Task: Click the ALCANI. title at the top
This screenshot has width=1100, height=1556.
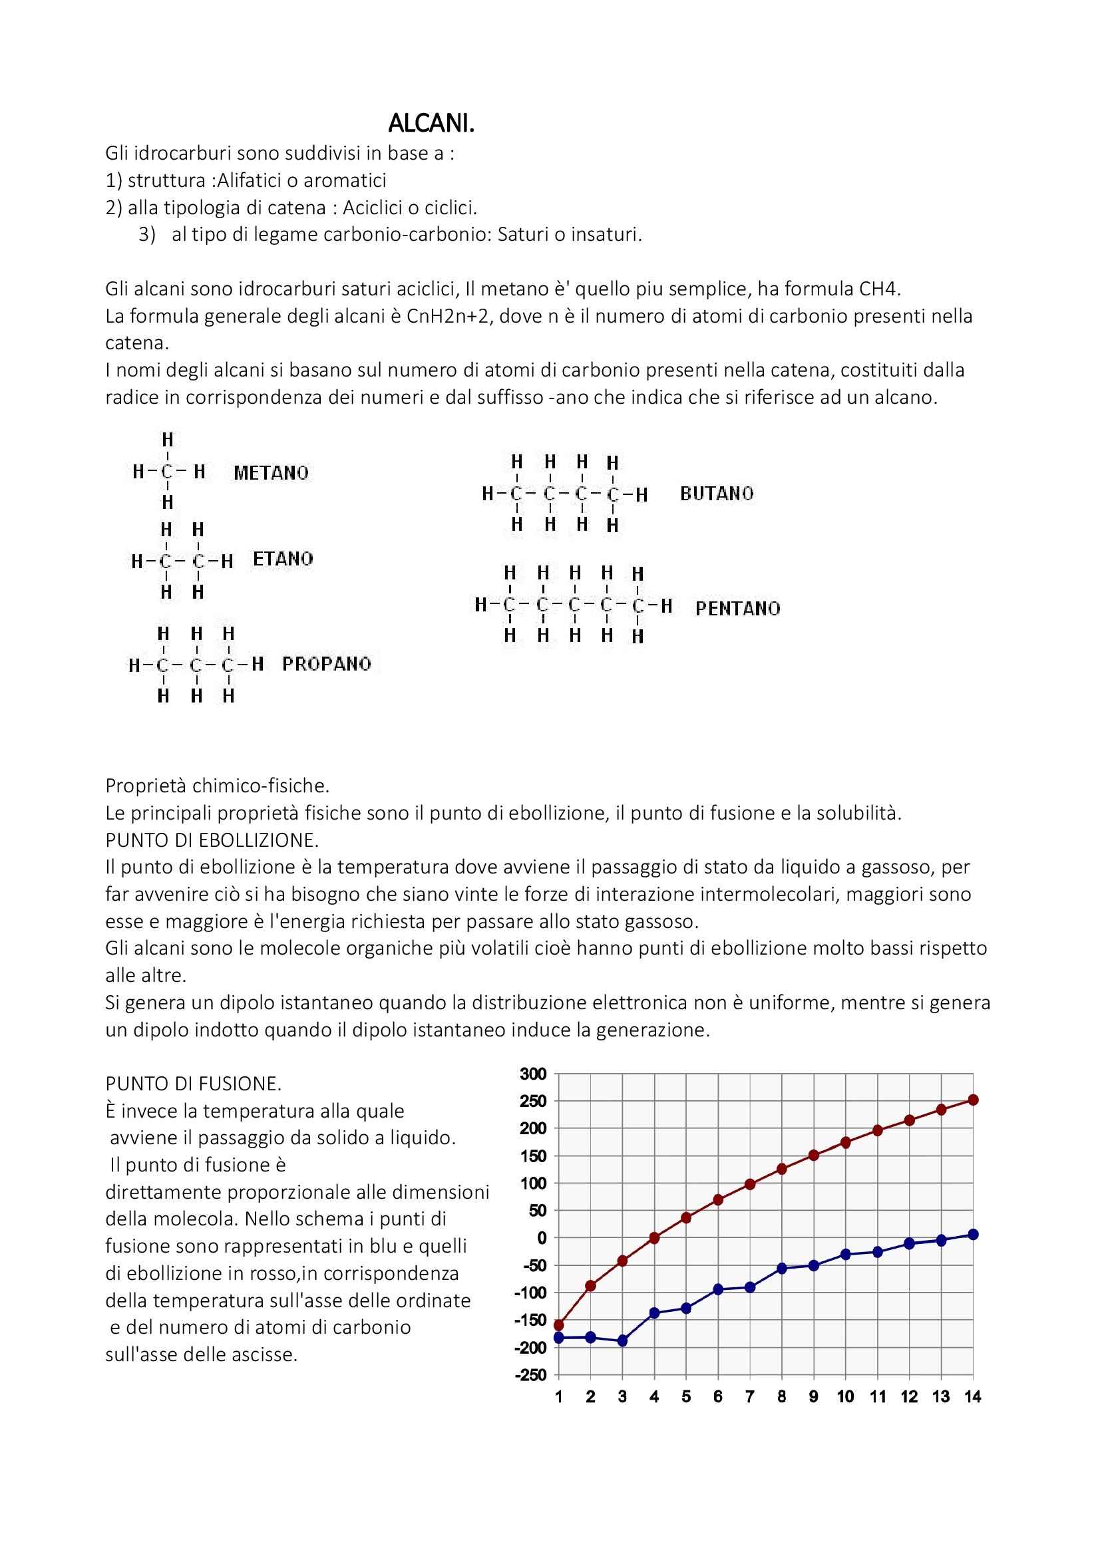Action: click(431, 123)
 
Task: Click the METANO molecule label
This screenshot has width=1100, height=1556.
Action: click(271, 472)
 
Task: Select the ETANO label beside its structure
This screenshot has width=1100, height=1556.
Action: click(283, 558)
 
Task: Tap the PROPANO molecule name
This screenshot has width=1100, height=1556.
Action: click(327, 663)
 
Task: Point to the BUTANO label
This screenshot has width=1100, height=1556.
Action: click(717, 494)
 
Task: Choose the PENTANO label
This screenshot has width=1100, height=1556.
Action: click(737, 608)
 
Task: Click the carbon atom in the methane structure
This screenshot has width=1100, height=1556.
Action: click(168, 472)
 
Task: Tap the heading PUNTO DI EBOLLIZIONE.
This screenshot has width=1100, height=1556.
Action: click(212, 840)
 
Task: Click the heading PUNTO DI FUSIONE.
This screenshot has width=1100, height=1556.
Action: click(193, 1084)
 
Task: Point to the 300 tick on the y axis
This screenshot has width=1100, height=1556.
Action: click(533, 1074)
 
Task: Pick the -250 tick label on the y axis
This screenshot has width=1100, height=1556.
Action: click(530, 1375)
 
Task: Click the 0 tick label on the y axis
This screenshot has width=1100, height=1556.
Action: click(542, 1238)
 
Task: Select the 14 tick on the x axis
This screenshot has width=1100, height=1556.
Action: click(973, 1397)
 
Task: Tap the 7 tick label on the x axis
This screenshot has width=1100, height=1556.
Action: click(749, 1397)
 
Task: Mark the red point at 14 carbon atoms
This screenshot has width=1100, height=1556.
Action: click(974, 1100)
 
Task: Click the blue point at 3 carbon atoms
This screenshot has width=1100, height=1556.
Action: click(623, 1340)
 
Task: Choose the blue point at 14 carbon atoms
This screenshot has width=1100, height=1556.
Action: click(974, 1234)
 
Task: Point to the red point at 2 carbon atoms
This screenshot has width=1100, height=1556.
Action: click(590, 1286)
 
